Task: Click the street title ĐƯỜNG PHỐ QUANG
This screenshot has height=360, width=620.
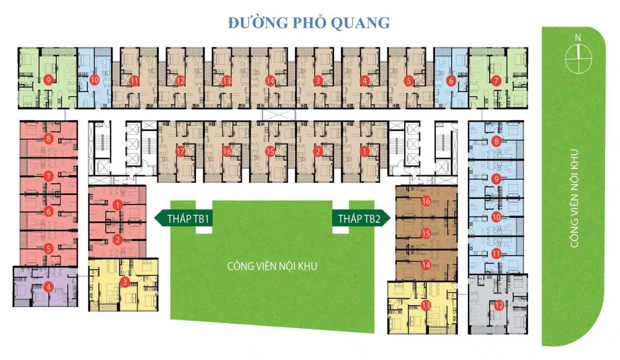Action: [309, 23]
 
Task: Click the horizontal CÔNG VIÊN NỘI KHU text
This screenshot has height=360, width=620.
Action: [272, 266]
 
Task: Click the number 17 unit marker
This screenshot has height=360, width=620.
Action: [180, 151]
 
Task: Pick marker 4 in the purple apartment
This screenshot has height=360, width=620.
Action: [48, 287]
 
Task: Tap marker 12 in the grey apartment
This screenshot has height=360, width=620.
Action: [499, 305]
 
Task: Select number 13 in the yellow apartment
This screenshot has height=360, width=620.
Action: [426, 305]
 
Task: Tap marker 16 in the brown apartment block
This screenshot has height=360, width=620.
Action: [426, 201]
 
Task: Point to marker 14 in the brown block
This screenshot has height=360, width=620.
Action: [426, 264]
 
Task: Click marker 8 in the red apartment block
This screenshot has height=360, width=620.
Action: [48, 138]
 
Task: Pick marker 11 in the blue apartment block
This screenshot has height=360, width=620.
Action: [496, 254]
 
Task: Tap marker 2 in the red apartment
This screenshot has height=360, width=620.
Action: [118, 240]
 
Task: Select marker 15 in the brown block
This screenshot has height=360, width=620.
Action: [426, 234]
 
